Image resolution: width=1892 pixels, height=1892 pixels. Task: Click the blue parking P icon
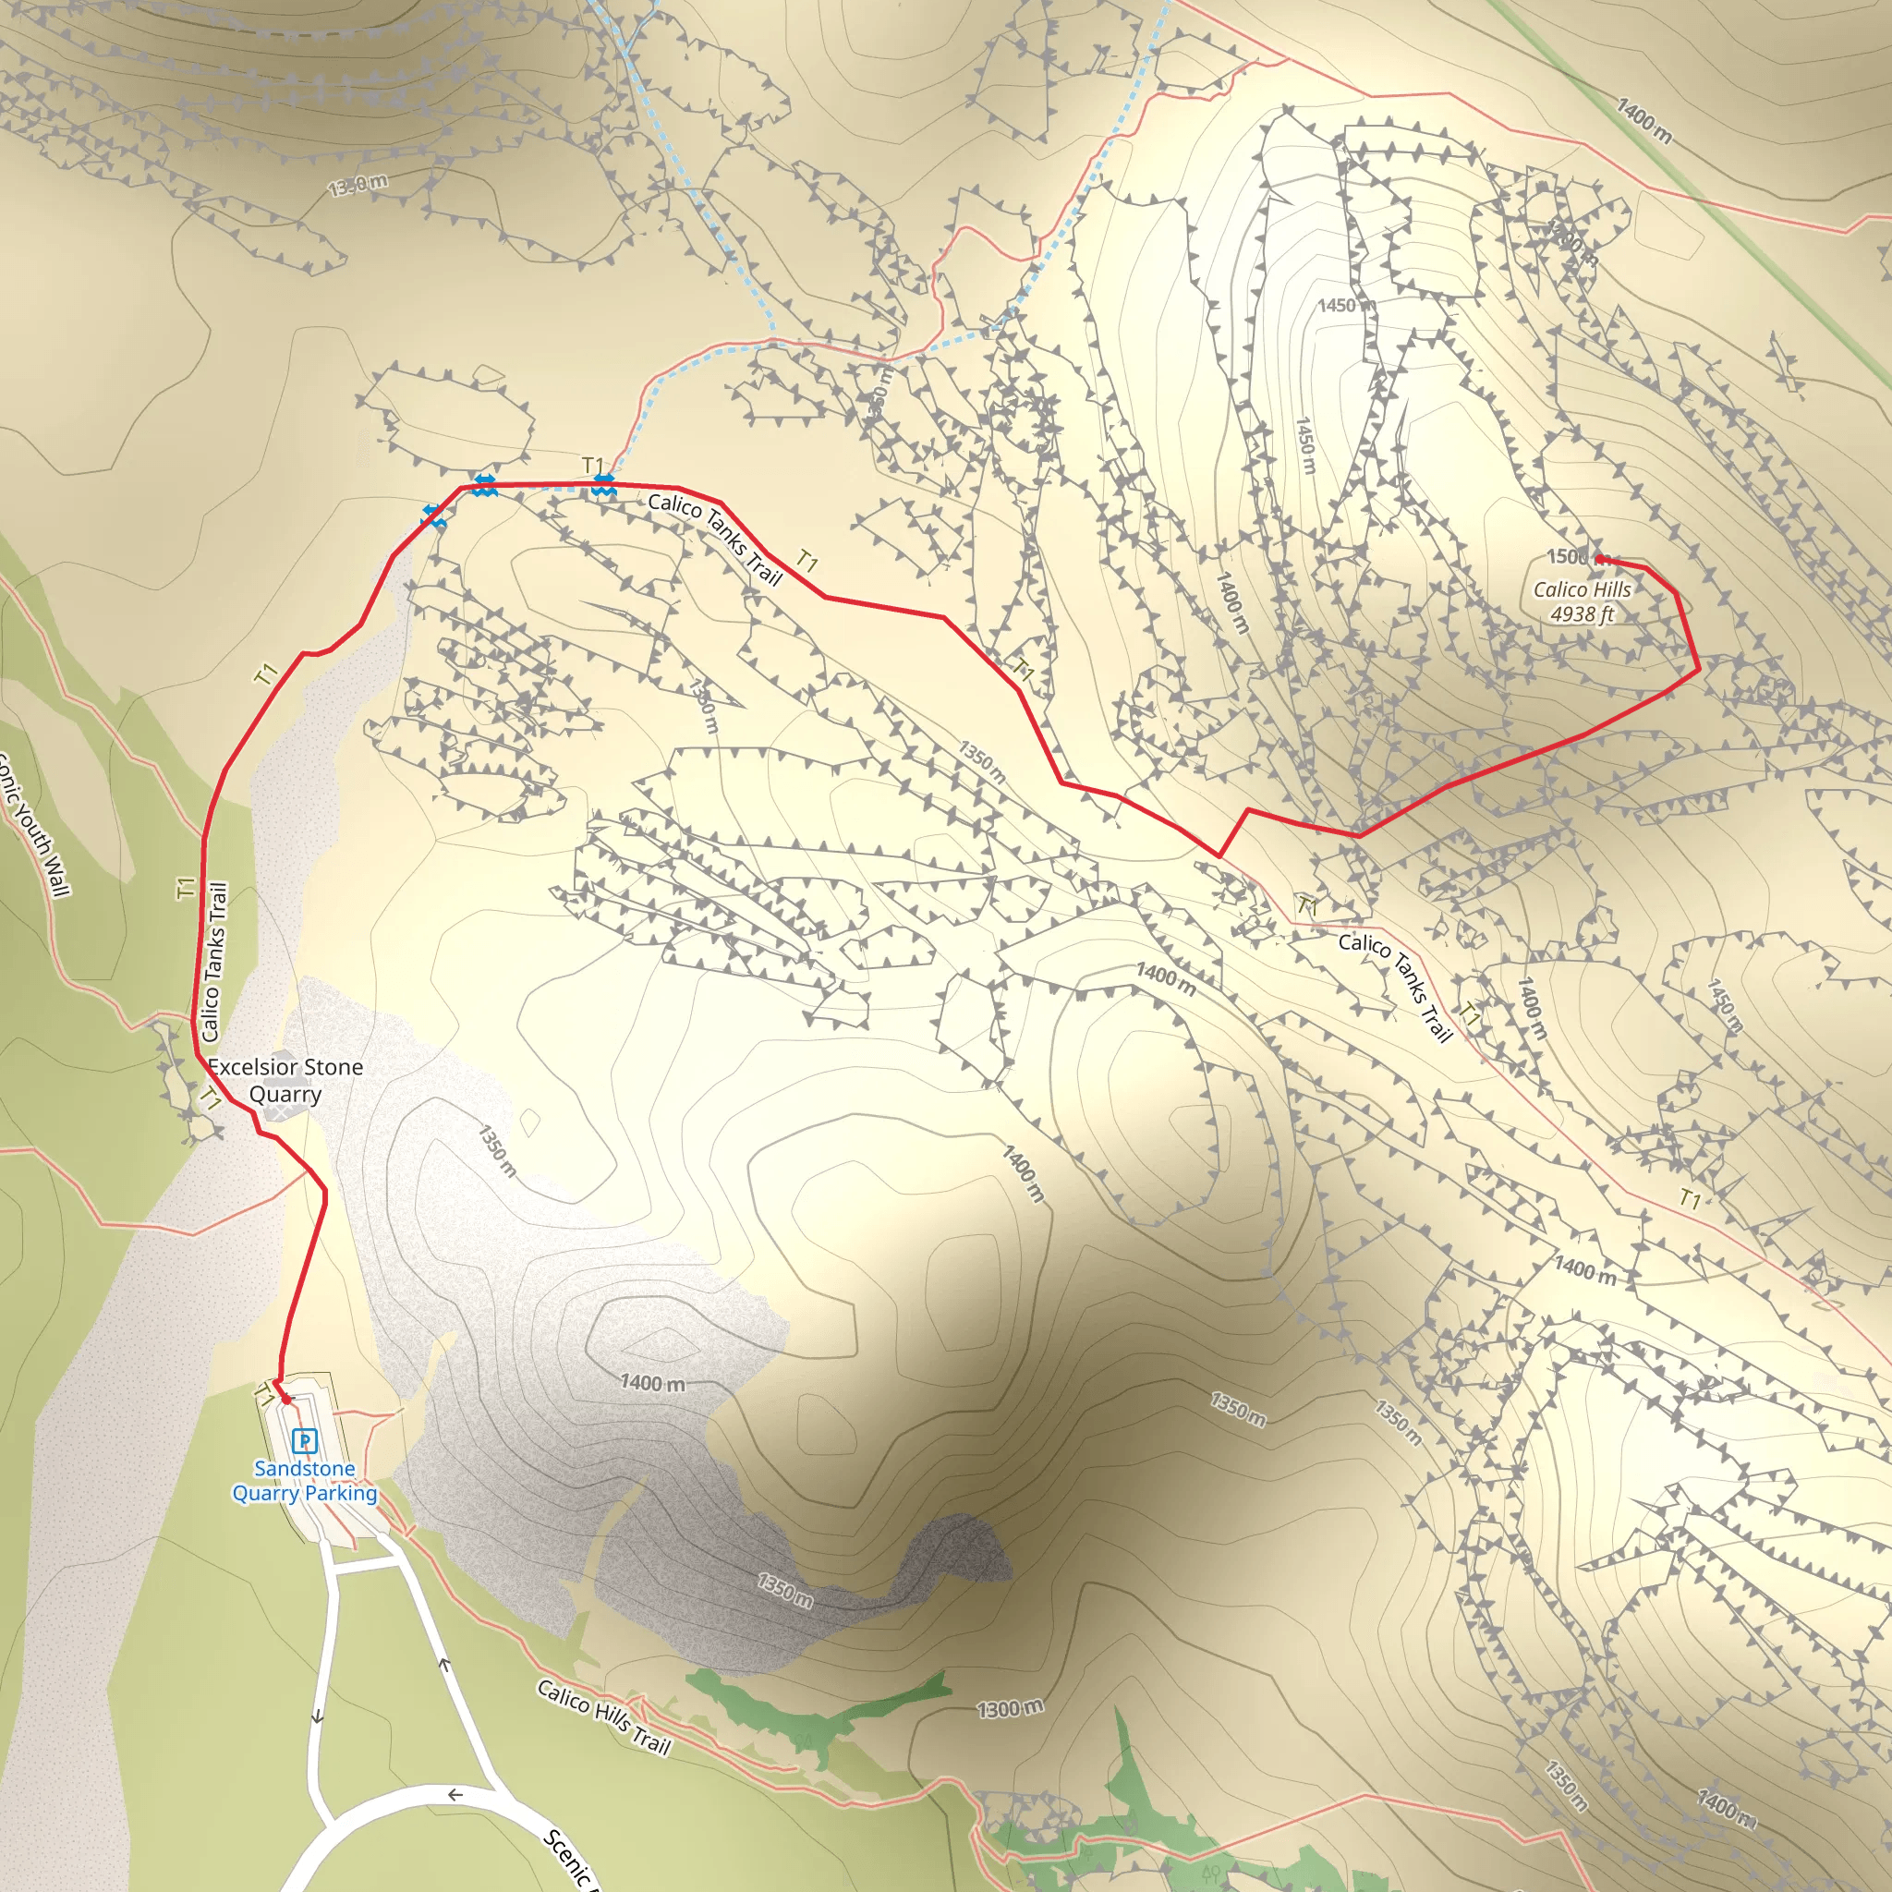pos(305,1440)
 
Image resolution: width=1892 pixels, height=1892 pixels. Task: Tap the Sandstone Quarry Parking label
pos(305,1481)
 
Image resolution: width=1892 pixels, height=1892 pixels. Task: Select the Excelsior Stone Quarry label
pos(285,1080)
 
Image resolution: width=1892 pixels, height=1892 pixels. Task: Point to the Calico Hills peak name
pos(1582,589)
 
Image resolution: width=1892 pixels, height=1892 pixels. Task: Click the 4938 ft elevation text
pos(1582,614)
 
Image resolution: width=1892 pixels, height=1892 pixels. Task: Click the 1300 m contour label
pos(1010,1709)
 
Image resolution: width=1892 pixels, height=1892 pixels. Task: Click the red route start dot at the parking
pos(286,1400)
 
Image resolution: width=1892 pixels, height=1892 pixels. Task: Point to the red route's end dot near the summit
pos(1599,559)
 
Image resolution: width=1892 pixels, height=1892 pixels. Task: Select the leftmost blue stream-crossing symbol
pos(434,516)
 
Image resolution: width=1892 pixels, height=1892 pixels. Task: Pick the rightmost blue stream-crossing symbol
pos(603,484)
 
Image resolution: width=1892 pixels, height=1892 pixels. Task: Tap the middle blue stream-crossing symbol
pos(484,485)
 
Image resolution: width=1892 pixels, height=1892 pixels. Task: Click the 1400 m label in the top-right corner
pos(1643,119)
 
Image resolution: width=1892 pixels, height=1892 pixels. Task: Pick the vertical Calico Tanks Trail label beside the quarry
pos(214,962)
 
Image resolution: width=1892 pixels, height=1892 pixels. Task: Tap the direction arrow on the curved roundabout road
pos(455,1795)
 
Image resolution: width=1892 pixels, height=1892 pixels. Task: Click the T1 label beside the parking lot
pos(262,1397)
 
